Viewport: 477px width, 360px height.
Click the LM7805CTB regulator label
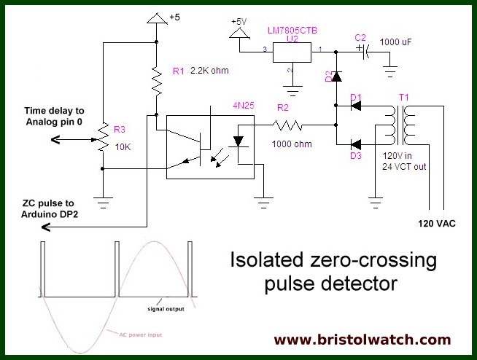292,30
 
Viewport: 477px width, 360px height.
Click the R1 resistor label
179,71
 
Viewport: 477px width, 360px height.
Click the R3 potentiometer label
120,130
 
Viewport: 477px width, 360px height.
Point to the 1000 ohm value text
292,144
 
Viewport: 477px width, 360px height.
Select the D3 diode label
355,155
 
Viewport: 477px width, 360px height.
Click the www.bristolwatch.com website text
373,340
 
